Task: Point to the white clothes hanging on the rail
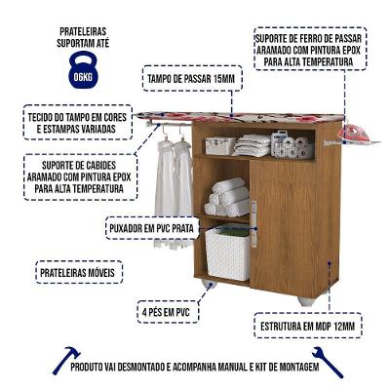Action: (172, 175)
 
